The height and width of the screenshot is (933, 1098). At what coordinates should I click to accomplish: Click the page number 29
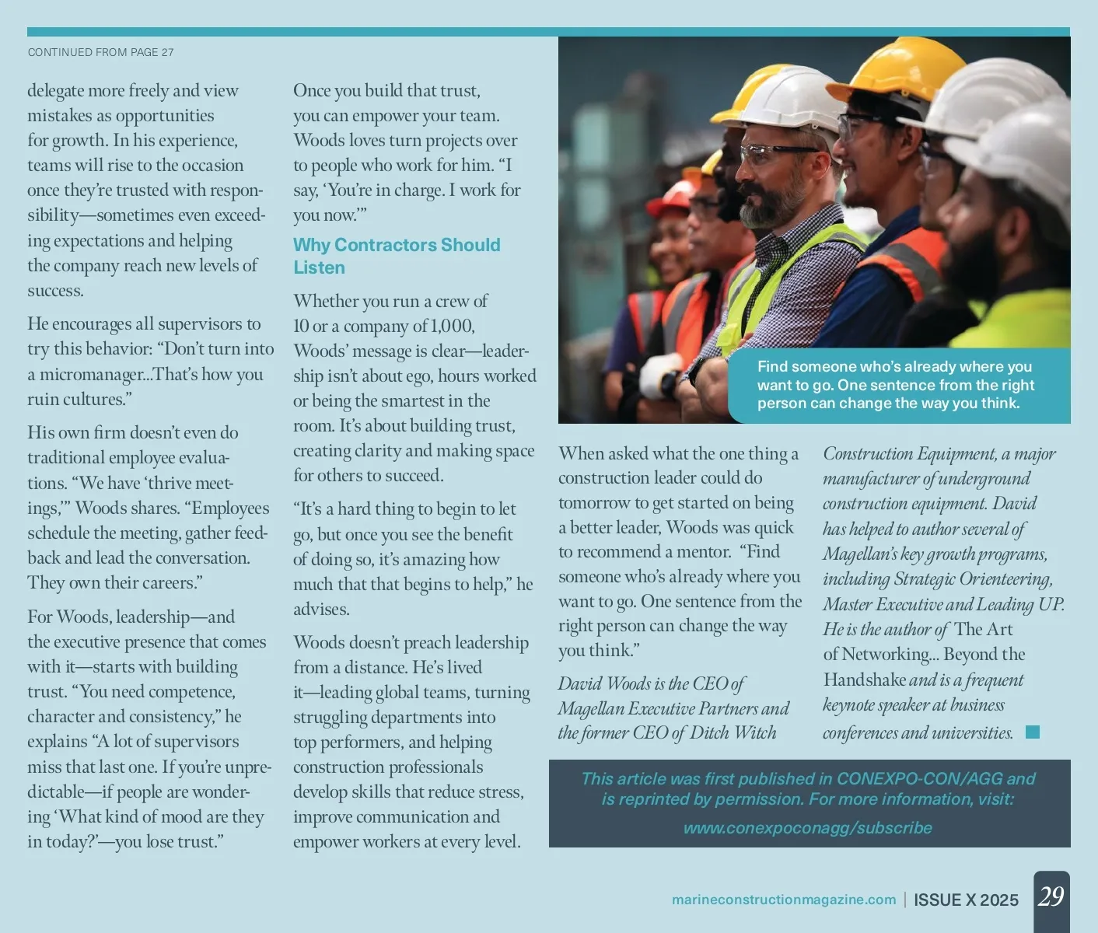coord(1051,896)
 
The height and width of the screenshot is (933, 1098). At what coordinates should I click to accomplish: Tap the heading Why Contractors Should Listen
coord(396,256)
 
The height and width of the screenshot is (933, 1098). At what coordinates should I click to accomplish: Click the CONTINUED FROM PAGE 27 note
coord(101,52)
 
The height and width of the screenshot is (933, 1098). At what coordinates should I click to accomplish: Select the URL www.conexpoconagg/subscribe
coord(807,828)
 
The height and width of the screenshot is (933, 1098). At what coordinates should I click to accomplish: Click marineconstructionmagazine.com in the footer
coord(783,900)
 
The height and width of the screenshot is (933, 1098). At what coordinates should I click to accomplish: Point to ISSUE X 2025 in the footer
coord(966,900)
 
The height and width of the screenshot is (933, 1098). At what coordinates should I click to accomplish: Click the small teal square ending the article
coord(1033,732)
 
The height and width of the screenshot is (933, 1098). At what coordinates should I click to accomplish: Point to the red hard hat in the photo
coord(670,199)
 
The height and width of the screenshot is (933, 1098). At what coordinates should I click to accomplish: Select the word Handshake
coord(865,680)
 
